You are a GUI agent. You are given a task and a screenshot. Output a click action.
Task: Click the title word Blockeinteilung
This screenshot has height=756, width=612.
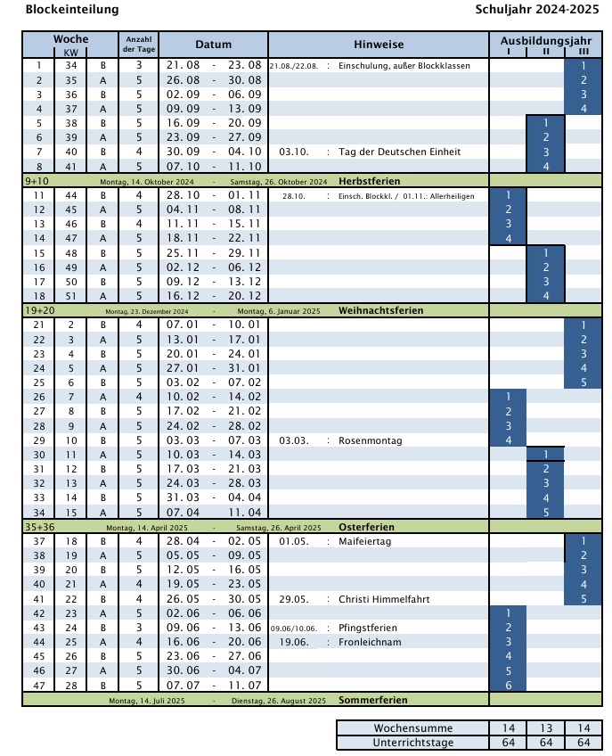click(x=71, y=10)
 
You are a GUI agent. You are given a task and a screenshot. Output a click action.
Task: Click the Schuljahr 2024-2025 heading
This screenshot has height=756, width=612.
click(x=537, y=10)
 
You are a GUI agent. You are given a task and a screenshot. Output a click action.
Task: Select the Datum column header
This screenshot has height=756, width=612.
click(x=213, y=45)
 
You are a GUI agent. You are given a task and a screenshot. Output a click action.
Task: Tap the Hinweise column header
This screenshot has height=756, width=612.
click(x=378, y=45)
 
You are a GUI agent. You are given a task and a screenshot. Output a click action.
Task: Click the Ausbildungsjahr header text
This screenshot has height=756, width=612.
click(x=546, y=41)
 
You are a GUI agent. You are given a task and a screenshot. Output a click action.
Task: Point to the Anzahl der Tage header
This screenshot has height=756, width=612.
click(x=139, y=45)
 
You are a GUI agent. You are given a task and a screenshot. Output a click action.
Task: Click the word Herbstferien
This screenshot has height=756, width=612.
click(x=368, y=181)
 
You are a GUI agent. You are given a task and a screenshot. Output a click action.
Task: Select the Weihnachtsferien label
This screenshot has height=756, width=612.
click(x=380, y=310)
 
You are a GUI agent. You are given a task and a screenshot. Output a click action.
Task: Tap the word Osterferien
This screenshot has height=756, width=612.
click(x=366, y=527)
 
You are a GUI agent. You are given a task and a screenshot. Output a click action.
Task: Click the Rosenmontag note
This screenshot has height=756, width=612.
click(x=371, y=440)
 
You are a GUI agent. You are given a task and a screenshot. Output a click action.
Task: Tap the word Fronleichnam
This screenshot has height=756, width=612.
click(x=370, y=642)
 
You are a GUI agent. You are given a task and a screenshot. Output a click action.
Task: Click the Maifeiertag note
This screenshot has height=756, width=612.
click(x=364, y=541)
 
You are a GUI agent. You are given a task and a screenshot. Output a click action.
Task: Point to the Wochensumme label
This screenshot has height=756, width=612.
click(x=412, y=728)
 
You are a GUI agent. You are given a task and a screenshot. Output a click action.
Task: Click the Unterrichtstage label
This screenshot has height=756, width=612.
click(x=412, y=742)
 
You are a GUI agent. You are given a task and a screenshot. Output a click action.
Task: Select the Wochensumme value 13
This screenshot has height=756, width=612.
click(x=545, y=728)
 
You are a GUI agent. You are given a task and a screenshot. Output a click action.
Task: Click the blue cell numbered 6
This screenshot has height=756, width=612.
click(x=508, y=686)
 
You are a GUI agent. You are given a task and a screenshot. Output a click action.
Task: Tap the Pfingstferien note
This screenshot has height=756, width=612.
click(x=368, y=628)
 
